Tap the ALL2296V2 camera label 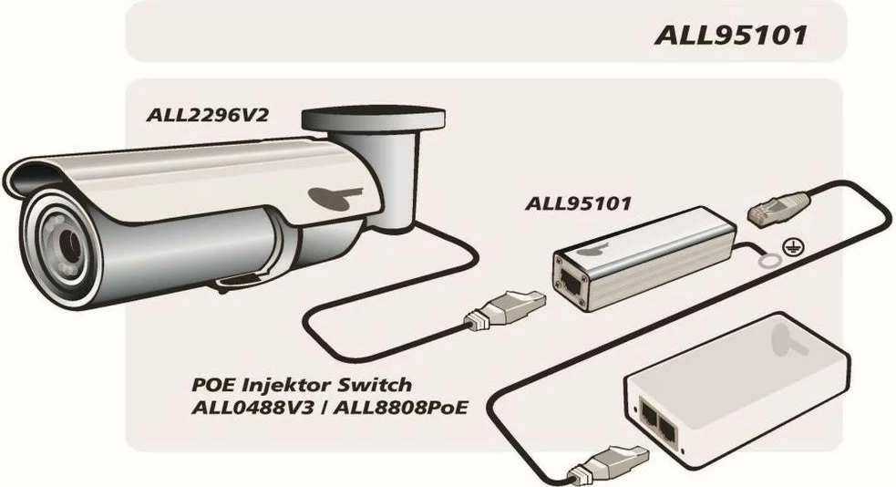209,116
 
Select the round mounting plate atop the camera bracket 374,119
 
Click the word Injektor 301,385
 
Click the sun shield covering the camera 182,178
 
